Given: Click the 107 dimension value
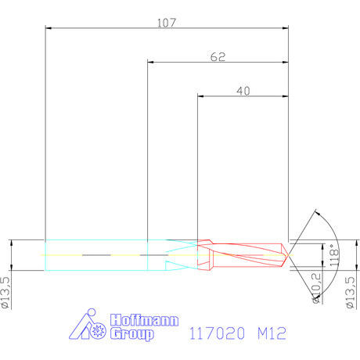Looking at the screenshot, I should coord(166,23).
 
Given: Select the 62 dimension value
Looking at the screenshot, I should coord(218,56).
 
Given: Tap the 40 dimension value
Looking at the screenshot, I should coord(243,91).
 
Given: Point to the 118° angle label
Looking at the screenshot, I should coord(332,255).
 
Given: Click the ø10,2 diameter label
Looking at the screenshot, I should coord(317,287).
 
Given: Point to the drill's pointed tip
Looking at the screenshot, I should coord(288,255).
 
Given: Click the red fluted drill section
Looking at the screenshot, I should coord(243,255).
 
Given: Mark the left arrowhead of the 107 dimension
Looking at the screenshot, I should coord(49,29).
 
